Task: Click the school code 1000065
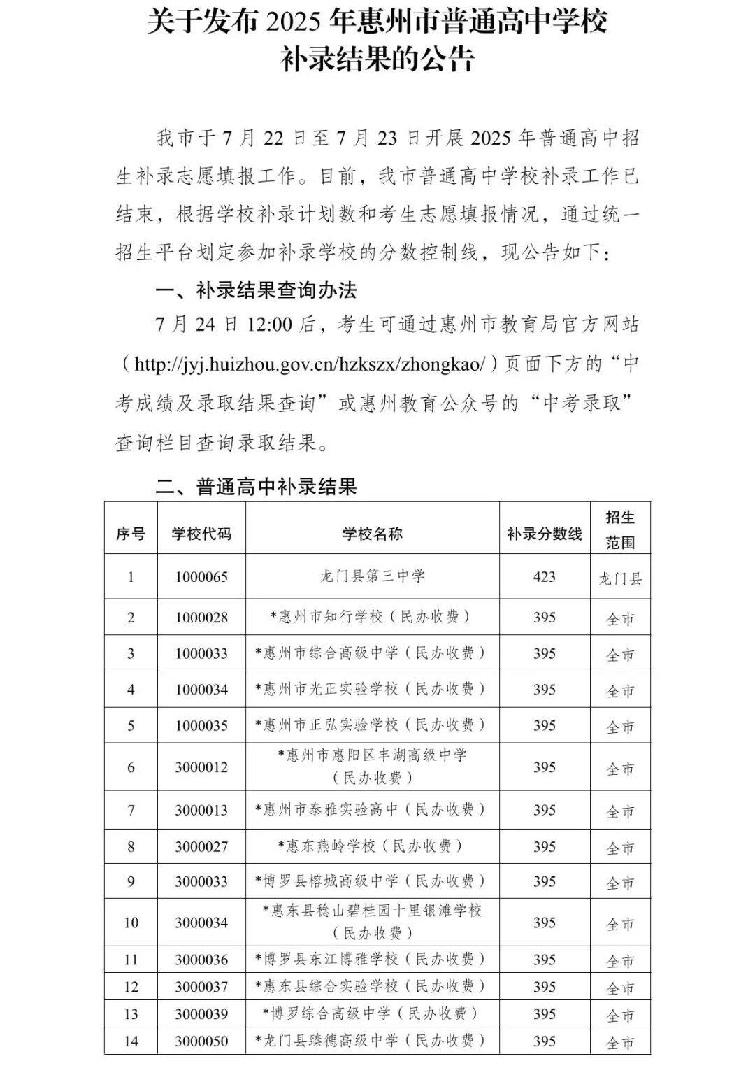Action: [201, 577]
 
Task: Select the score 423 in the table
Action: [544, 577]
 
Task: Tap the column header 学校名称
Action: [372, 534]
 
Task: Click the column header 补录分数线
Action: [544, 534]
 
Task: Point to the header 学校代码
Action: [201, 534]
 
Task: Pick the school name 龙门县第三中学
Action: [372, 576]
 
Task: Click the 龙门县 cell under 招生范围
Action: [620, 578]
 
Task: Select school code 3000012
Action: [201, 767]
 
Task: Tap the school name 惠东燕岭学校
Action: [372, 846]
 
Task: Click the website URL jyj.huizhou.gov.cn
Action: [308, 364]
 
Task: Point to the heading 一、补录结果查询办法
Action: [255, 290]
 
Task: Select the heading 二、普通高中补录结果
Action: [255, 486]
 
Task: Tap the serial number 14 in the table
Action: [131, 1041]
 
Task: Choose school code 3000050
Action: [201, 1041]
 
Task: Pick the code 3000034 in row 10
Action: [201, 923]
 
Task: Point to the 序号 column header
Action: [131, 534]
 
